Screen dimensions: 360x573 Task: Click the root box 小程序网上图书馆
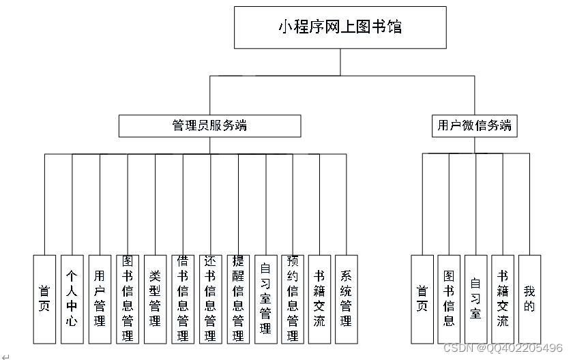(x=340, y=27)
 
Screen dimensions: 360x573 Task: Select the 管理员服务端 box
(x=209, y=126)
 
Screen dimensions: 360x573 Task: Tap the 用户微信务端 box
(x=474, y=126)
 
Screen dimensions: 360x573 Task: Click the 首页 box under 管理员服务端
(x=44, y=299)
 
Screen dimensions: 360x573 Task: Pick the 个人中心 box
(x=72, y=299)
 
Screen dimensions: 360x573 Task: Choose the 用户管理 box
(x=100, y=299)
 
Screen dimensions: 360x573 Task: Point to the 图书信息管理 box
(x=127, y=299)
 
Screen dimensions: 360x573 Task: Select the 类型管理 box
(x=155, y=299)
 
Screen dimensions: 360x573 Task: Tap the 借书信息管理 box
(x=182, y=299)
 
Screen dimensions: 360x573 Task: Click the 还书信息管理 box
(x=210, y=299)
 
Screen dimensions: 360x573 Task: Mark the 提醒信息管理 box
(x=237, y=299)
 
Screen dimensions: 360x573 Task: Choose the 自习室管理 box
(x=265, y=299)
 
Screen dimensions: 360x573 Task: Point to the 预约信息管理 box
(x=293, y=299)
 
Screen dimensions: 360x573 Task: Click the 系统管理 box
(x=346, y=299)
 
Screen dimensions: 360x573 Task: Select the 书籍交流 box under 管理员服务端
(x=319, y=299)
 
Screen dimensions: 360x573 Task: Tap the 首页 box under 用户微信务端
(x=422, y=299)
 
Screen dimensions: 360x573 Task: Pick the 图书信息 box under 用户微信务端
(x=449, y=299)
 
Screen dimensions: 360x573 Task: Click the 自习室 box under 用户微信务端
(x=475, y=299)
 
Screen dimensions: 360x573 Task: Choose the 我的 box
(x=529, y=299)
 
